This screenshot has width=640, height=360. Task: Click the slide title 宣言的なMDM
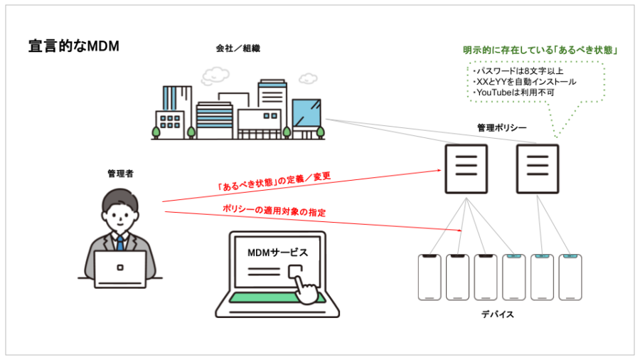click(73, 46)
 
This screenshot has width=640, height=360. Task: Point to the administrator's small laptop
click(120, 269)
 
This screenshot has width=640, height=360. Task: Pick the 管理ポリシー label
click(502, 128)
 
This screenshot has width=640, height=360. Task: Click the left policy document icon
click(466, 169)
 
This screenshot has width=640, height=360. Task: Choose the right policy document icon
click(537, 169)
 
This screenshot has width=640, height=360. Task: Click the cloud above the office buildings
click(215, 74)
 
